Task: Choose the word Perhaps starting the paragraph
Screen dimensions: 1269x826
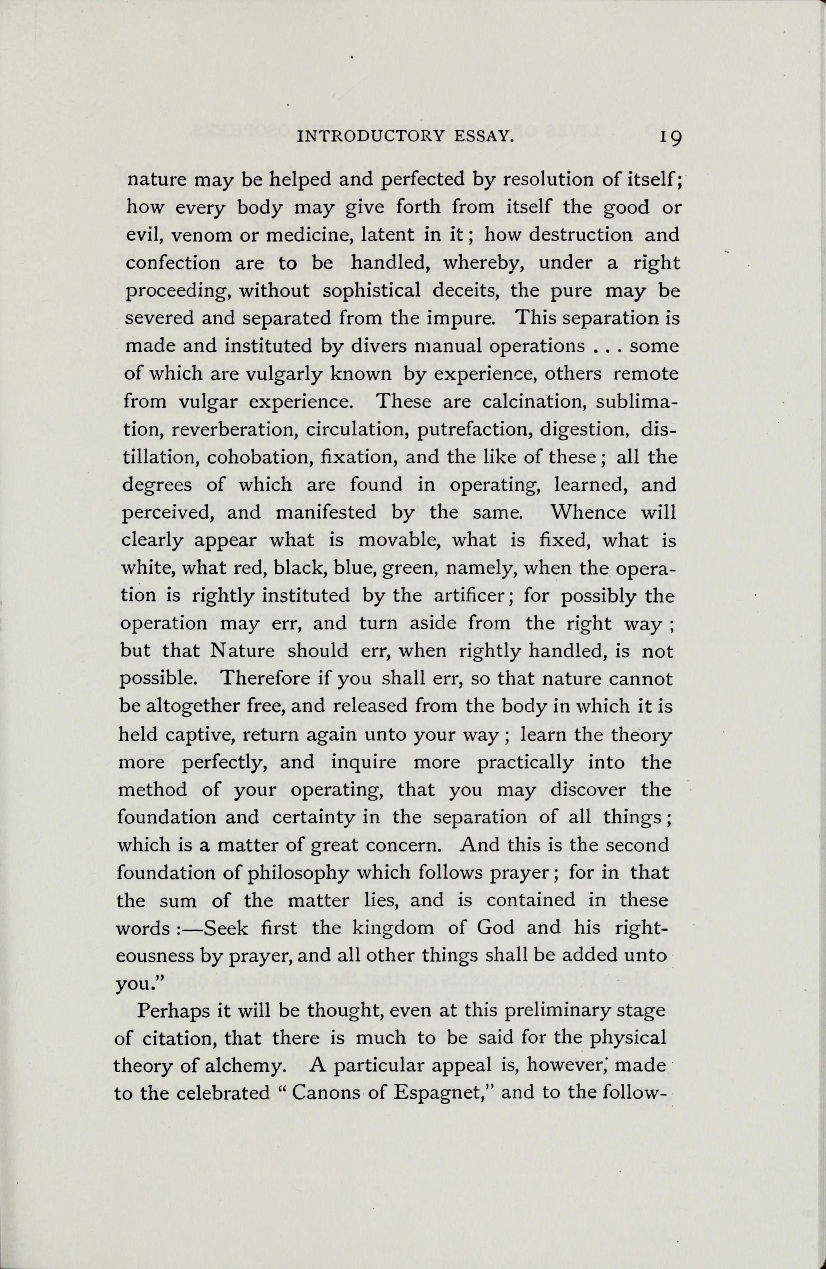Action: pyautogui.click(x=171, y=1010)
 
